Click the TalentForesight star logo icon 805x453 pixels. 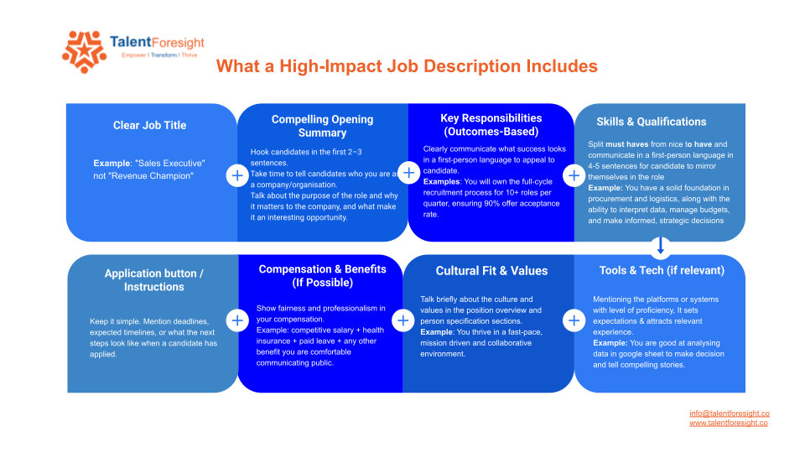[x=84, y=52]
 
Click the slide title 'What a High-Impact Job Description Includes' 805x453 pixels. [x=407, y=66]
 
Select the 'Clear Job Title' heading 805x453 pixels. [x=149, y=125]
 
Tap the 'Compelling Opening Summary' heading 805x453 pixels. [x=322, y=126]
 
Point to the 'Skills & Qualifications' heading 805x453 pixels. [x=651, y=122]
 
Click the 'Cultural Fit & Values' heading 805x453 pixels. [x=491, y=271]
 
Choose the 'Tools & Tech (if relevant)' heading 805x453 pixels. [x=662, y=271]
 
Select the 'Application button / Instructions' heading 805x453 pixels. [x=154, y=280]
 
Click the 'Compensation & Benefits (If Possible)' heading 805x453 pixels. [x=322, y=276]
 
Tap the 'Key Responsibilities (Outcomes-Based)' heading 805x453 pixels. [x=491, y=125]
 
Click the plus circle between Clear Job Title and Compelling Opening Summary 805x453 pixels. [x=237, y=175]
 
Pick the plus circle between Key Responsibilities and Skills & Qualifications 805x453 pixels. [x=574, y=175]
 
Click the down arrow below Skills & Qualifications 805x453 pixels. [x=661, y=246]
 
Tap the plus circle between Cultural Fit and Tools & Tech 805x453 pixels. [x=574, y=320]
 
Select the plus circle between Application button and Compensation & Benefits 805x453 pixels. [x=237, y=320]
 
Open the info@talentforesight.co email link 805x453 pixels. [x=729, y=414]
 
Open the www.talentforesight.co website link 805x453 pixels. [x=729, y=423]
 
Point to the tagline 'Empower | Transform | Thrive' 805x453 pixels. [x=159, y=55]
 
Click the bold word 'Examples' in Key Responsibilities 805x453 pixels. [x=441, y=182]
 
